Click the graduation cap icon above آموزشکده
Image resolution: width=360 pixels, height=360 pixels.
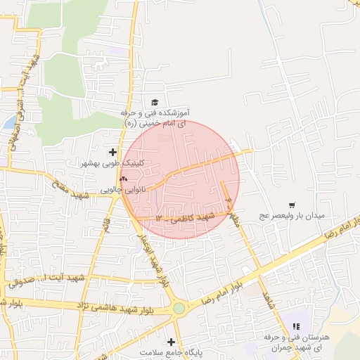[x=155, y=102]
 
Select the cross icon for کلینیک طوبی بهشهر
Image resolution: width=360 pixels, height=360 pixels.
[x=112, y=152]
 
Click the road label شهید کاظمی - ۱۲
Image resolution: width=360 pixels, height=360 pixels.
[x=185, y=217]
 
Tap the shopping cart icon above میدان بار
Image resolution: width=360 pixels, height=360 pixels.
[x=292, y=205]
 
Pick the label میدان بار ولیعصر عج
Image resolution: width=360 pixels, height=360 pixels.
[x=291, y=216]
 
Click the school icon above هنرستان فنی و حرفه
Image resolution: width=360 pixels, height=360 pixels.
[x=296, y=326]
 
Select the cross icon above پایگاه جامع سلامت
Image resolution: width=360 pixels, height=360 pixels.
[x=171, y=342]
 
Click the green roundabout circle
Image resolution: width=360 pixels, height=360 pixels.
[x=179, y=308]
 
